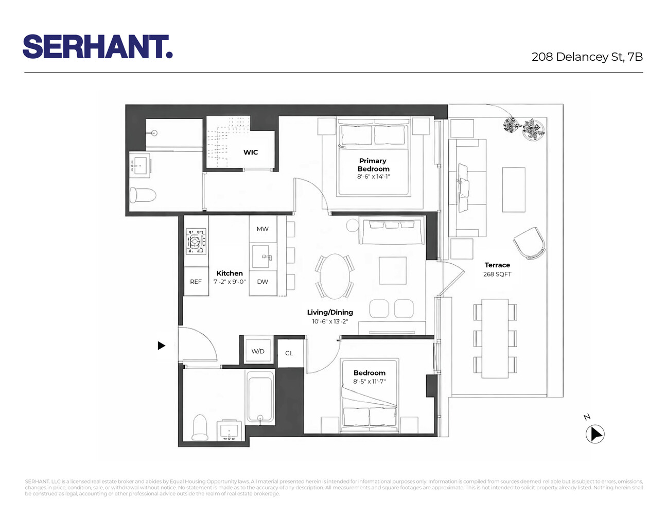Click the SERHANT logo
(x=97, y=47)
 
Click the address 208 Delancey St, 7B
(x=587, y=57)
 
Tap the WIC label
(x=251, y=152)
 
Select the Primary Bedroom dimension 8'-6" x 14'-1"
(x=374, y=177)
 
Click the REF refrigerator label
(x=196, y=282)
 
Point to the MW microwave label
(x=262, y=229)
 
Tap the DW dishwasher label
(x=262, y=282)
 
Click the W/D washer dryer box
(x=258, y=351)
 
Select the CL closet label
(x=289, y=353)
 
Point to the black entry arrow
(x=161, y=346)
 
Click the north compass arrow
(x=595, y=434)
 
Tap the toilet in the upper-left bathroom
(x=143, y=195)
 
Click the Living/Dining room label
(x=330, y=312)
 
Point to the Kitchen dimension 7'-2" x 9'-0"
(x=230, y=282)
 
